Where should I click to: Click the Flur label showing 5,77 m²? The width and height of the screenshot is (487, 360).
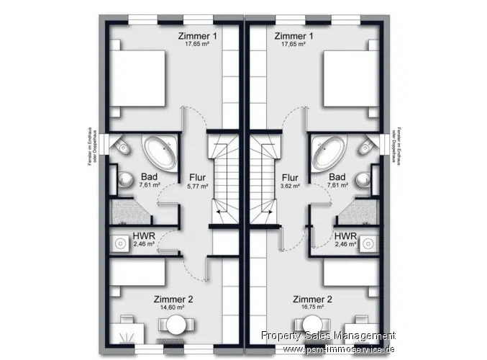pos(198,181)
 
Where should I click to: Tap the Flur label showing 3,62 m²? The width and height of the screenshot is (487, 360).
pos(290,181)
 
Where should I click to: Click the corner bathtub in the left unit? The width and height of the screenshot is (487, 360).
pos(159,150)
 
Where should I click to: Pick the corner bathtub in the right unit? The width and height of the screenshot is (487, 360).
pos(329,150)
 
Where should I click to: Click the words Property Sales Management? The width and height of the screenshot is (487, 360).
pos(328,336)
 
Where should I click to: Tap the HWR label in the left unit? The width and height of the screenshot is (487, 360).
pos(141,237)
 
